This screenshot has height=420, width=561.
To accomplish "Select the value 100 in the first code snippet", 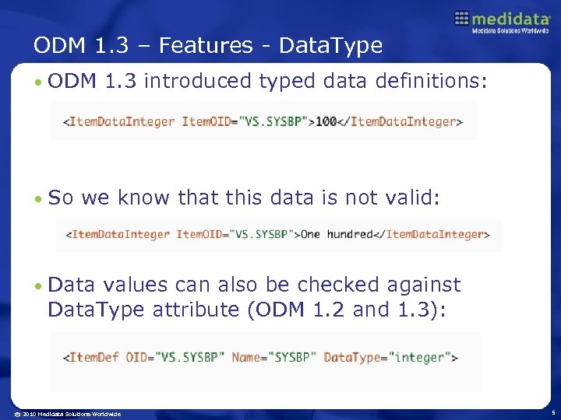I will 326,121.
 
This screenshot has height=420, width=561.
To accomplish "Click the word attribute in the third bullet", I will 199,309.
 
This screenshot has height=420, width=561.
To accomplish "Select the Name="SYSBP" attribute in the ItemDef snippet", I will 273,357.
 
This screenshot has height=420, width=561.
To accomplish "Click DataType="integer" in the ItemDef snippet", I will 387,357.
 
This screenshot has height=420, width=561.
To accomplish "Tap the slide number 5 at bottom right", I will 551,413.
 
